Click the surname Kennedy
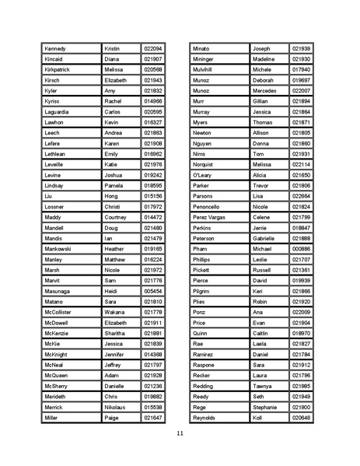pyautogui.click(x=57, y=48)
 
